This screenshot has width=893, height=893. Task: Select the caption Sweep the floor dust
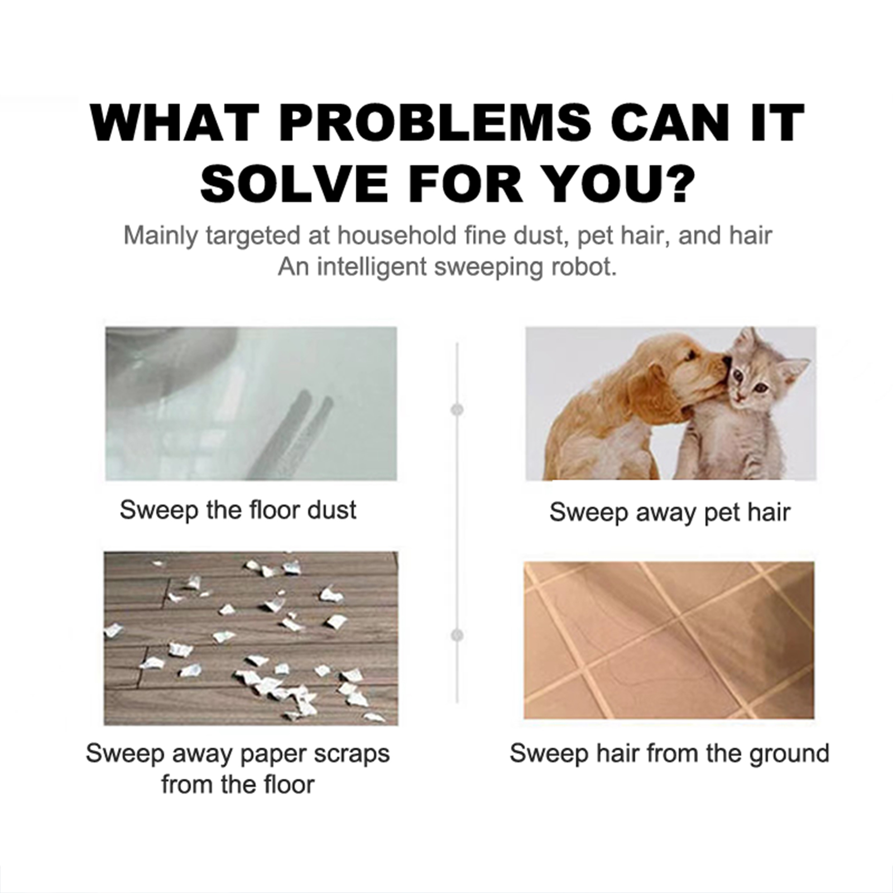[x=238, y=510]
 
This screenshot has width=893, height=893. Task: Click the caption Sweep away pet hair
[x=670, y=512]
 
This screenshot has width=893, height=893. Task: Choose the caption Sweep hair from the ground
[x=669, y=753]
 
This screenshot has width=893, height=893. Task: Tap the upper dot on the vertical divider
[x=457, y=410]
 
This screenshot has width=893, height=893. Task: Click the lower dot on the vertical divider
[x=457, y=635]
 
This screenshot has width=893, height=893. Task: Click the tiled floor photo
[x=669, y=640]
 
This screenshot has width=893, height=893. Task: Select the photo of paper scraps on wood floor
[x=251, y=638]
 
